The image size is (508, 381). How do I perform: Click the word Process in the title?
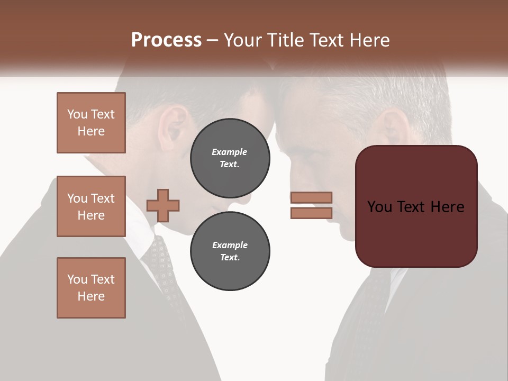166,40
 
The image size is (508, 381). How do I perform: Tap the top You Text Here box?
91,123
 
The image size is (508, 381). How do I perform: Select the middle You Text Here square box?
91,206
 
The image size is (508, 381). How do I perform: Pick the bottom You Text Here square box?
91,288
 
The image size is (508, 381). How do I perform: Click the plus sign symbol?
163,205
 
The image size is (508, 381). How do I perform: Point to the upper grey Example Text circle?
230,158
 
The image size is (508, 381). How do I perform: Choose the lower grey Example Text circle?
230,251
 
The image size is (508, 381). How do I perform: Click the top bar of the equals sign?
311,198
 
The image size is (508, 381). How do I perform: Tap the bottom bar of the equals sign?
311,213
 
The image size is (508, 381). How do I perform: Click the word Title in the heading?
286,40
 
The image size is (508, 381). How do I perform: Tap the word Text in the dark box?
416,207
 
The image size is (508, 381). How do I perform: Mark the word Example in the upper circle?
230,152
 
